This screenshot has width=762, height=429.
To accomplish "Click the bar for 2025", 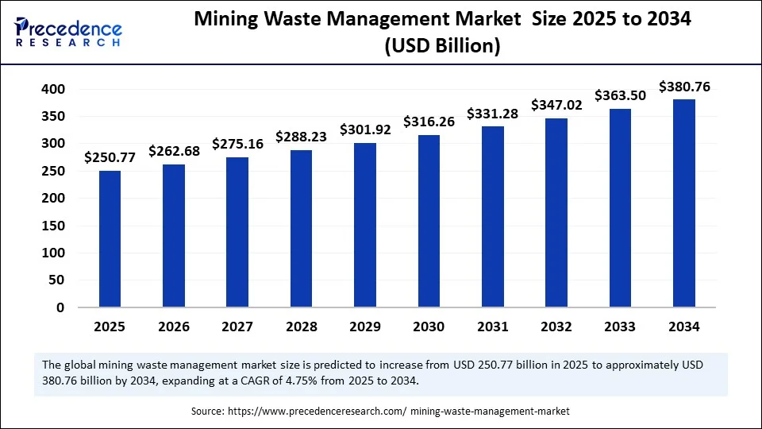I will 110,238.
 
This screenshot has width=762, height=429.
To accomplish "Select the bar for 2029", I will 364,225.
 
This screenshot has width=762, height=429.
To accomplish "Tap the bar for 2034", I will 683,203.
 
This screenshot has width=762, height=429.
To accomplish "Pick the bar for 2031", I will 492,217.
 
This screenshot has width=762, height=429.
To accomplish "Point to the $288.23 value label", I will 301,137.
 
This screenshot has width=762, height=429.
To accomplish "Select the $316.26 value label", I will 429,122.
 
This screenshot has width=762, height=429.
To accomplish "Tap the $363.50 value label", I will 620,95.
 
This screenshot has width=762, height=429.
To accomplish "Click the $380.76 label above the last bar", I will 683,86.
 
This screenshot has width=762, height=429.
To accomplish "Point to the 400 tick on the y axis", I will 52,90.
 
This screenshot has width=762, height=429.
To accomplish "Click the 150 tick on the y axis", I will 52,226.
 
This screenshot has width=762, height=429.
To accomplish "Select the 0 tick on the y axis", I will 60,307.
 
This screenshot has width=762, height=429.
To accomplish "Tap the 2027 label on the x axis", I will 237,327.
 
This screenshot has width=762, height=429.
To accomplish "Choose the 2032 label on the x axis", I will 556,327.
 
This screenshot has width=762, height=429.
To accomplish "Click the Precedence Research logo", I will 68,32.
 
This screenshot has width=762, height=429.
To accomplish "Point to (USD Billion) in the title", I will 442,47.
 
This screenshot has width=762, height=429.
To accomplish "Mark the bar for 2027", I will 237,232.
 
